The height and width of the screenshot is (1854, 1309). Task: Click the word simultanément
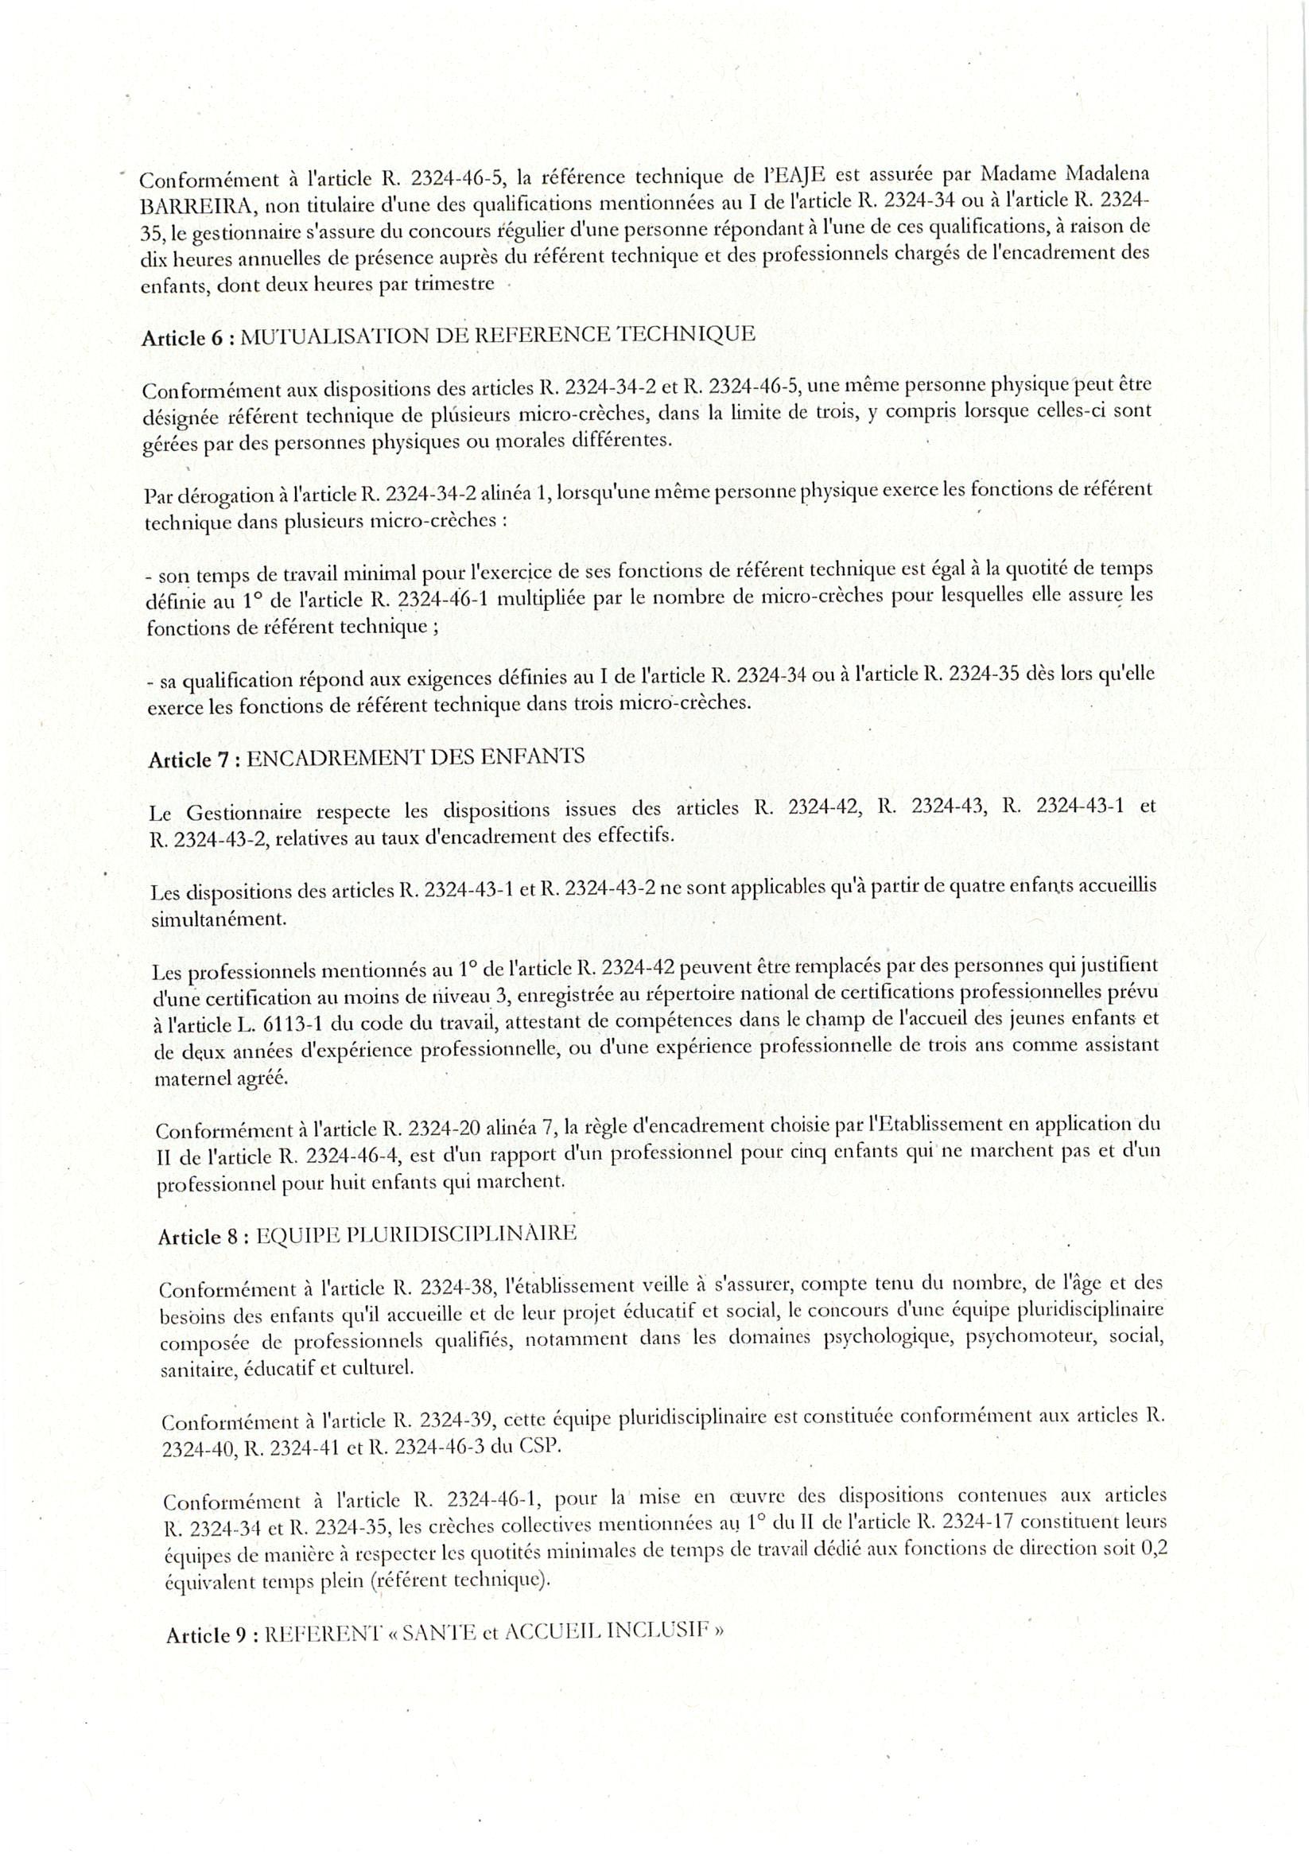click(218, 919)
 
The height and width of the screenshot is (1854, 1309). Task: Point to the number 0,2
click(1149, 1549)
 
